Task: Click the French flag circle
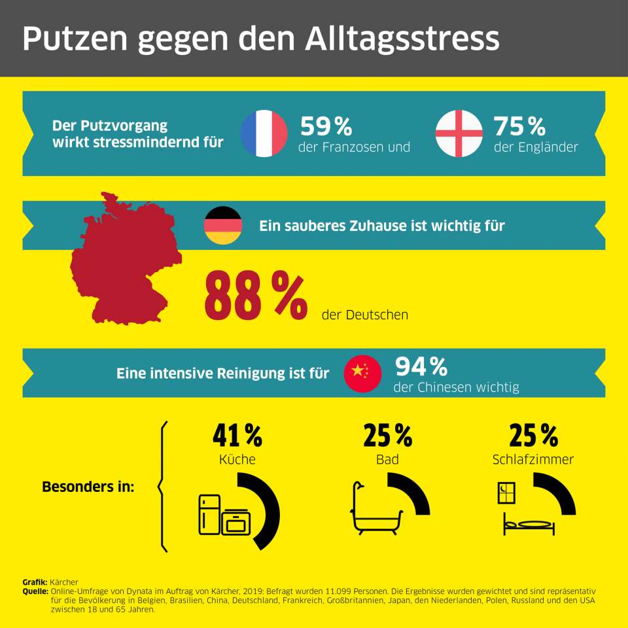pos(264,133)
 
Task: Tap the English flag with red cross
pos(459,133)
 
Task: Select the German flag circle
pos(224,225)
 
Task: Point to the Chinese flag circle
pos(363,374)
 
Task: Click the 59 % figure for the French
pos(326,126)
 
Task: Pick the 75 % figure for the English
pos(519,126)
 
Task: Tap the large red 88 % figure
pos(255,296)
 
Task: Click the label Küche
pos(237,460)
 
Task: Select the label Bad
pos(387,460)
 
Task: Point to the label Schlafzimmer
pos(532,460)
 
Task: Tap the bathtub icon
pos(375,510)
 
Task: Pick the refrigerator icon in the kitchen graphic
pos(210,514)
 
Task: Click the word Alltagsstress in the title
pos(402,39)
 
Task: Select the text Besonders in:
pos(88,487)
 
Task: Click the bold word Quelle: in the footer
pos(35,591)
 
